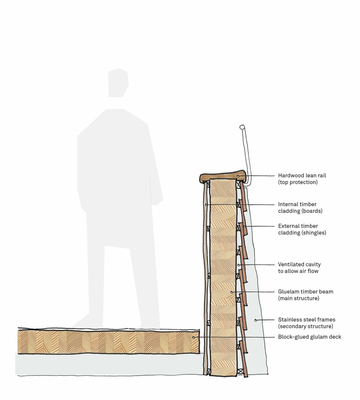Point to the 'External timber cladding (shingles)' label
click(301, 229)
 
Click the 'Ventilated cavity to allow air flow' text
click(299, 268)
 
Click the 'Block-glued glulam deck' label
click(309, 337)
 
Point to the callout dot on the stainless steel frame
click(256, 320)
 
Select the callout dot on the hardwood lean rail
click(239, 176)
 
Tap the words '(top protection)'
click(298, 182)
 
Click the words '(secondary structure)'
click(305, 326)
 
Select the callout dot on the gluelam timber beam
click(232, 292)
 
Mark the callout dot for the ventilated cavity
click(238, 264)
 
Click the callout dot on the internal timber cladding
click(206, 205)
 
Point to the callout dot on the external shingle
click(245, 227)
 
